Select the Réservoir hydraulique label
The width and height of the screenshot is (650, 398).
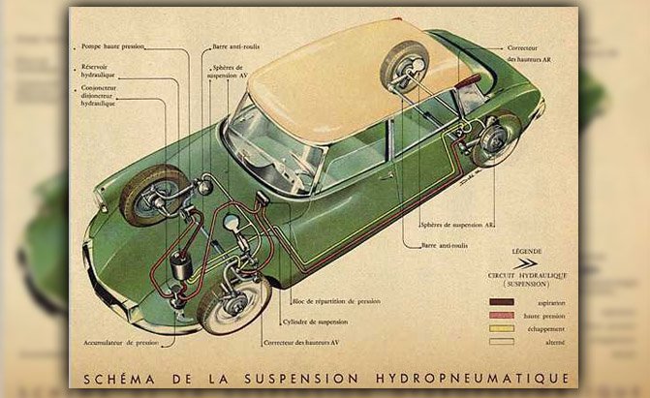pos(101,71)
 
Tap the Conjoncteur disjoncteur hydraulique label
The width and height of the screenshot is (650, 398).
pos(102,96)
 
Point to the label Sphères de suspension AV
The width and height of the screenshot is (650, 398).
pos(232,72)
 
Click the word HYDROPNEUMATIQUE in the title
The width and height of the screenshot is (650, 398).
pos(484,378)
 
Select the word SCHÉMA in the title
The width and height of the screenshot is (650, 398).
pos(121,378)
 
